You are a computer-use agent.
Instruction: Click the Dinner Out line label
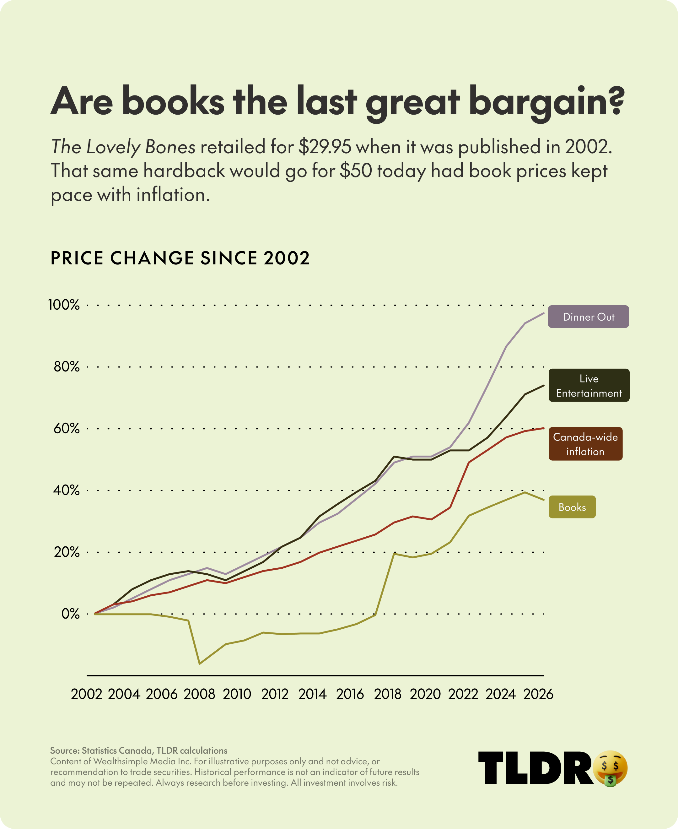coord(588,317)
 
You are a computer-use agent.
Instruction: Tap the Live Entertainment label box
coord(589,385)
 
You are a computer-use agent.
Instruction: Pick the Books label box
coord(572,507)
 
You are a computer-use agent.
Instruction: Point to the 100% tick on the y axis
coord(64,305)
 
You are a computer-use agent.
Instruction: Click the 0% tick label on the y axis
coord(70,614)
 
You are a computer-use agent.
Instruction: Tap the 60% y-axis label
coord(67,429)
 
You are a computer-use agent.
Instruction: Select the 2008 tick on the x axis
coord(199,694)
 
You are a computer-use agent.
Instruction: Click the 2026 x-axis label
coord(538,694)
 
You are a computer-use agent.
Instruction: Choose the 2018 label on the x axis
coord(387,694)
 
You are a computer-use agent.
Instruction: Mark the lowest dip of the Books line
coord(200,663)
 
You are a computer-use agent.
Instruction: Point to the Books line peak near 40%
coord(525,492)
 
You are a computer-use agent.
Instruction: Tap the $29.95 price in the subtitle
coord(325,147)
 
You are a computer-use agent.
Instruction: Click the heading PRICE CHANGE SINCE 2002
coord(180,258)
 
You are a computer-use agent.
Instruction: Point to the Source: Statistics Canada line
coord(139,750)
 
